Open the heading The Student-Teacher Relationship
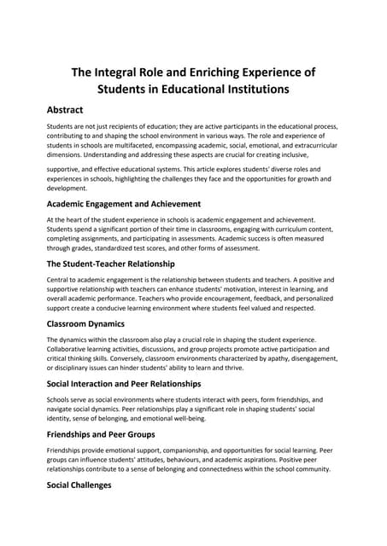tap(110, 264)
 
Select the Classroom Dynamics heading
tap(85, 324)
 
